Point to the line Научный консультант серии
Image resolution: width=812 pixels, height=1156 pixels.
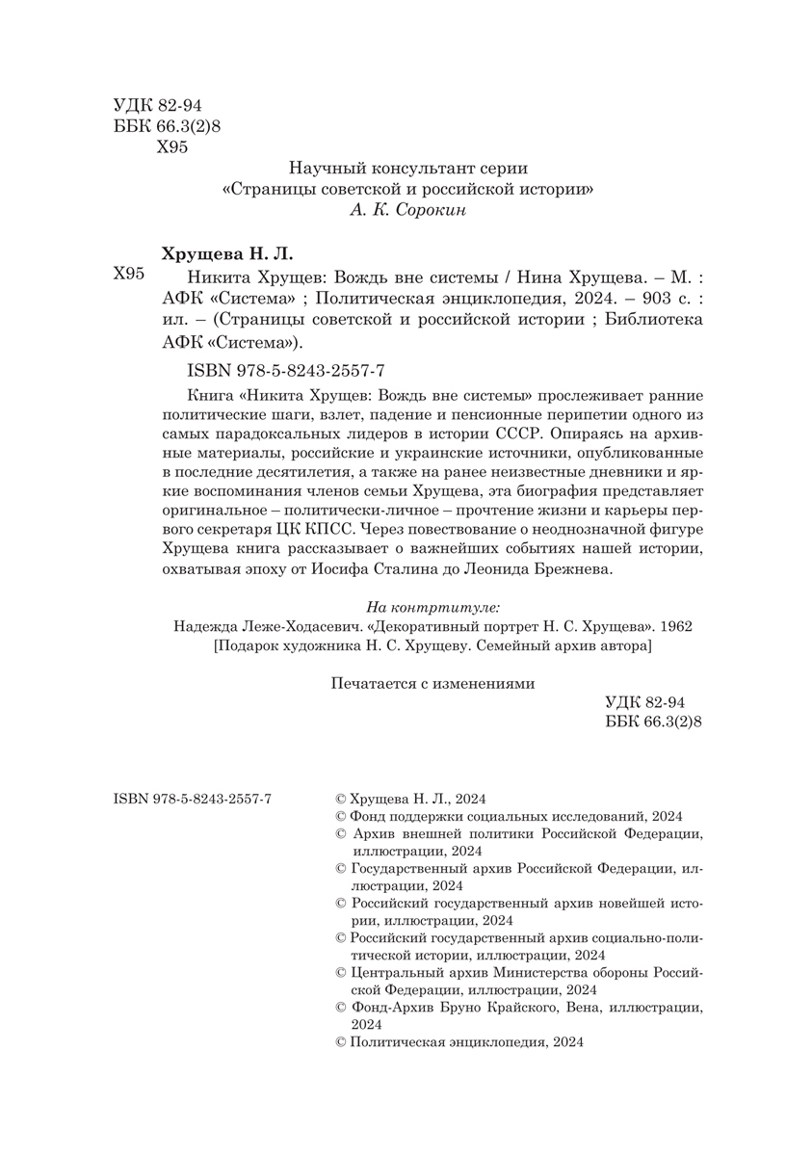408,167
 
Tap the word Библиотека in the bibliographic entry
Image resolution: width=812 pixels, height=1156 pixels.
661,320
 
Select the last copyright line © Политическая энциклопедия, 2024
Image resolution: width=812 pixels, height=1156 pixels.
458,1043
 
